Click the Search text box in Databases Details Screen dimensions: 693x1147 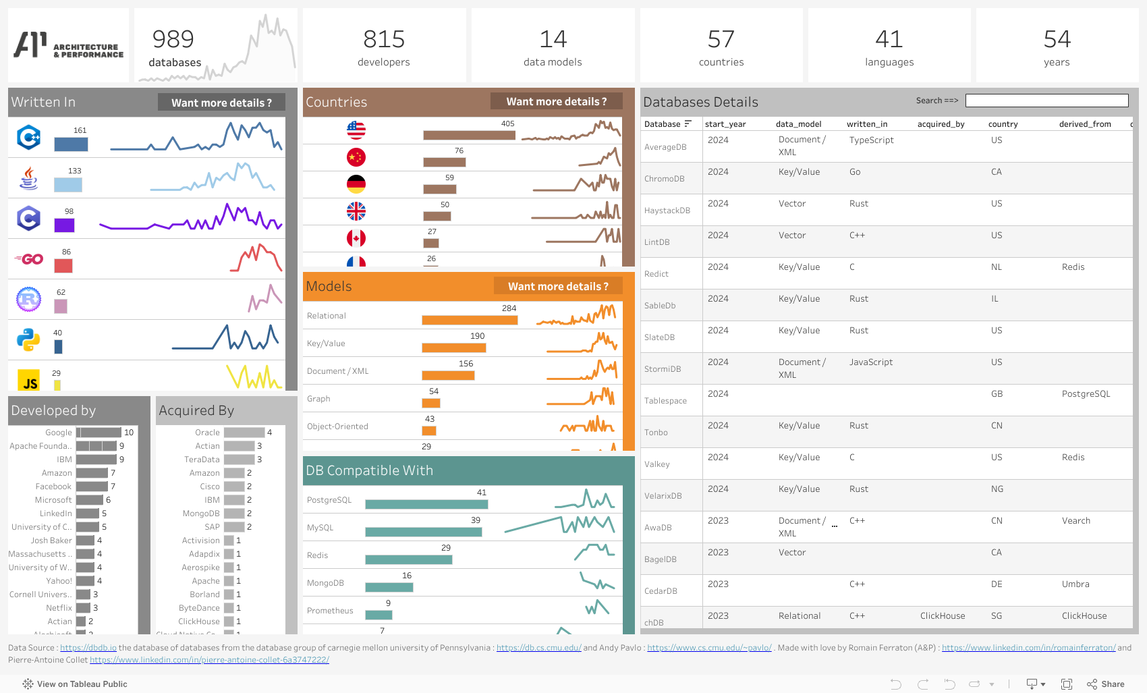pos(1046,101)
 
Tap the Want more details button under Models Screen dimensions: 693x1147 pos(558,286)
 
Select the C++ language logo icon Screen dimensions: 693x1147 pos(29,138)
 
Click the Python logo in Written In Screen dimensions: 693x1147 pos(28,340)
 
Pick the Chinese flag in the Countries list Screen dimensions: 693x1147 pos(356,157)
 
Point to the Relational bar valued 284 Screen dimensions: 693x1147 pos(470,320)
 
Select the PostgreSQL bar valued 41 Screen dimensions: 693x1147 pos(426,504)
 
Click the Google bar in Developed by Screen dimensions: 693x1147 pos(99,433)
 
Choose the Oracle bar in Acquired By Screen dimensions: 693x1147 pos(244,433)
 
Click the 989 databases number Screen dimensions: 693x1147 pos(173,39)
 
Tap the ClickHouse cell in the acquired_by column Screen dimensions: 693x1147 pos(943,616)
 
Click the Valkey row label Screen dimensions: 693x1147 pos(657,464)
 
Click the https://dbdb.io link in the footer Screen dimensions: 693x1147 pos(88,648)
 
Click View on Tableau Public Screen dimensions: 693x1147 pos(82,684)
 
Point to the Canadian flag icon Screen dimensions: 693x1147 pos(356,238)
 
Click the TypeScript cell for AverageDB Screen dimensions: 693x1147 pos(871,140)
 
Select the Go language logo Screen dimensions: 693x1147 pos(29,259)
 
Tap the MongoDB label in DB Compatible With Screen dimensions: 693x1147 pos(325,583)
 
